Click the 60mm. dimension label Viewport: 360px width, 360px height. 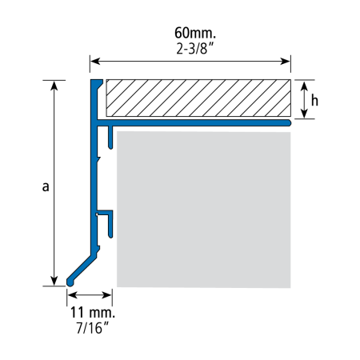(x=195, y=33)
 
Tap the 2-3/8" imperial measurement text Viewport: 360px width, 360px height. (x=195, y=49)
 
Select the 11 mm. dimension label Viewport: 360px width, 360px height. (x=93, y=312)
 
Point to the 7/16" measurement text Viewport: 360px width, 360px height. (x=93, y=328)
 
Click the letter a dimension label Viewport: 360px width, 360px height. (x=46, y=186)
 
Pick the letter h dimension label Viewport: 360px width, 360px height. (x=314, y=101)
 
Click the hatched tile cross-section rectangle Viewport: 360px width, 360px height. (x=198, y=98)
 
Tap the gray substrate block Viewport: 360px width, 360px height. (x=204, y=210)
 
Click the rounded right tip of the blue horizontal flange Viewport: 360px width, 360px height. (x=288, y=123)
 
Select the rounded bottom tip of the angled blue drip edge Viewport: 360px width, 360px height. (x=70, y=282)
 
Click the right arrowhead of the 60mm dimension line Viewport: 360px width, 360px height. (x=285, y=62)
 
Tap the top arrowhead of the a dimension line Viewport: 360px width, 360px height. (x=54, y=86)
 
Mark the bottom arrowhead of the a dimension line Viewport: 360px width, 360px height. (x=54, y=281)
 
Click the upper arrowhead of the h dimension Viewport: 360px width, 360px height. (x=305, y=86)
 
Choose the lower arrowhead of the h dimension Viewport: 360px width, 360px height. (x=305, y=114)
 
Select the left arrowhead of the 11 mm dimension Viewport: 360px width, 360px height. (x=72, y=295)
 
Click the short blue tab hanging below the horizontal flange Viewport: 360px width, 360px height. (x=110, y=138)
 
